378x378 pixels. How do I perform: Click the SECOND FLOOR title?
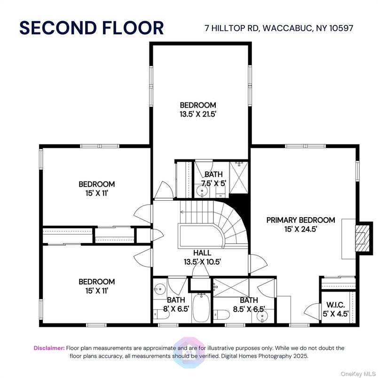click(92, 28)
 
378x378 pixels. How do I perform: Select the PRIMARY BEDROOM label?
click(300, 220)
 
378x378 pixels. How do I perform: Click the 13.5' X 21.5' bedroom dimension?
click(197, 114)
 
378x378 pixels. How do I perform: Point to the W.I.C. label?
click(336, 305)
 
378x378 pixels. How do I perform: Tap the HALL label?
click(202, 252)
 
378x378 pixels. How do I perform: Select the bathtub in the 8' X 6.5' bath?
click(201, 307)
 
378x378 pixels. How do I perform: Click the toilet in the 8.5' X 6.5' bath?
click(221, 315)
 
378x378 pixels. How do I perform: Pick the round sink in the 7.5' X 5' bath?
click(201, 191)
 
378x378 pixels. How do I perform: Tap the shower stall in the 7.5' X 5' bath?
click(239, 177)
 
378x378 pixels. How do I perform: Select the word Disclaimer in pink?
click(49, 348)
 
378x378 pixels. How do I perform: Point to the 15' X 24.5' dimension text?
click(300, 229)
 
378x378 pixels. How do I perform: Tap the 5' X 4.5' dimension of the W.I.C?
click(336, 314)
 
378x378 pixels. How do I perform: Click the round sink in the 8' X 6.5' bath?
click(159, 289)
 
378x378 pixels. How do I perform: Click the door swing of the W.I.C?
click(312, 312)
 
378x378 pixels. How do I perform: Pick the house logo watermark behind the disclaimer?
click(189, 352)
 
